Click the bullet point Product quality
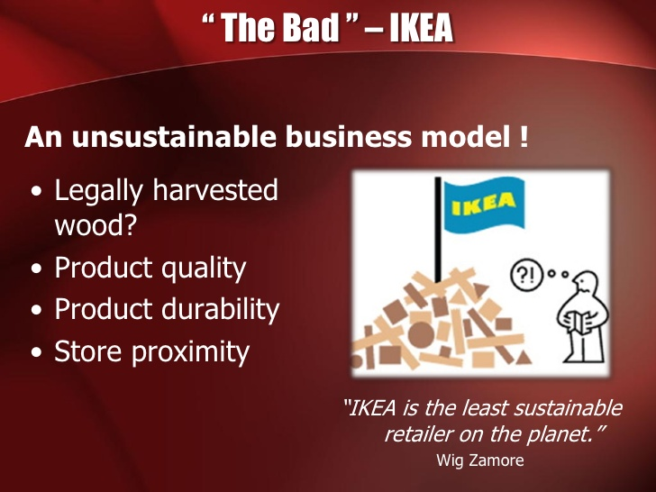pyautogui.click(x=150, y=268)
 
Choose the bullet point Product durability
pyautogui.click(x=167, y=309)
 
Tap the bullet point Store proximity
pyautogui.click(x=151, y=351)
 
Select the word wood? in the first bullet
pyautogui.click(x=96, y=225)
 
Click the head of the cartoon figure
pyautogui.click(x=586, y=286)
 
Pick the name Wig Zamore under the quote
pyautogui.click(x=478, y=460)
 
